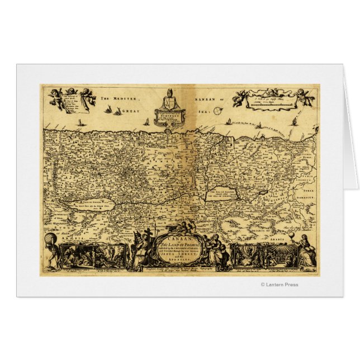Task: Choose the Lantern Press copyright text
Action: point(280,285)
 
